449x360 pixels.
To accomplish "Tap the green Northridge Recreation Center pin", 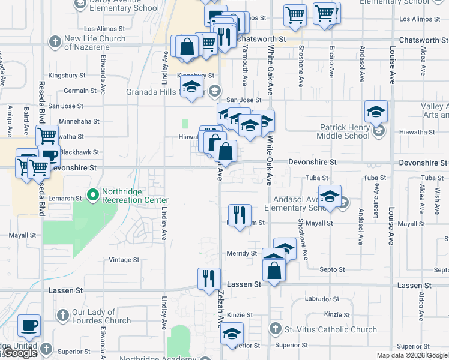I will pyautogui.click(x=92, y=194).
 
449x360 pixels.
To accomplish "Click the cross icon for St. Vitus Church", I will pyautogui.click(x=275, y=329).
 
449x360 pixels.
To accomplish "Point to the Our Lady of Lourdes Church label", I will pyautogui.click(x=101, y=317).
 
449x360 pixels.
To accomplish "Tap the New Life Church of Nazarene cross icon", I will pyautogui.click(x=55, y=42).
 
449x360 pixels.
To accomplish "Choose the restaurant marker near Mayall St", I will pyautogui.click(x=240, y=215).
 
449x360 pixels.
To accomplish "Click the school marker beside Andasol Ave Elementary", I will pyautogui.click(x=330, y=196).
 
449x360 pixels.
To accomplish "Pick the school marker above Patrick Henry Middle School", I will pyautogui.click(x=376, y=111).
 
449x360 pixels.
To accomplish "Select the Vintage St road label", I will pyautogui.click(x=124, y=260).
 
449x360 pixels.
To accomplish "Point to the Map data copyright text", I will pyautogui.click(x=411, y=355).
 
